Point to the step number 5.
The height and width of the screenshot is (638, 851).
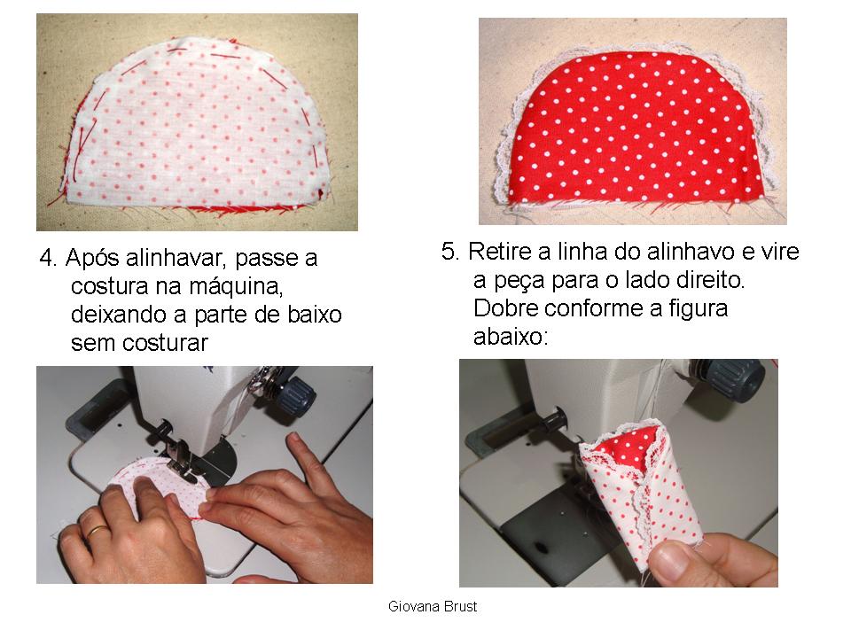pyautogui.click(x=449, y=252)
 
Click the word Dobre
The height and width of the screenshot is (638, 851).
pyautogui.click(x=503, y=309)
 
